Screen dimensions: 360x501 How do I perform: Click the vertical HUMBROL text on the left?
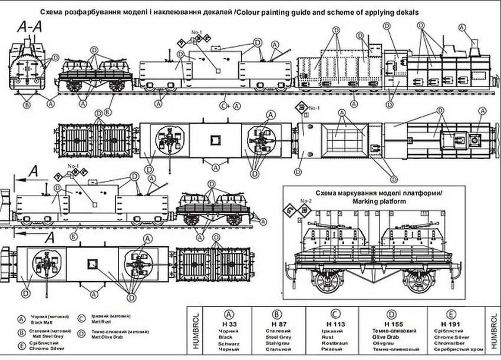[x=195, y=333]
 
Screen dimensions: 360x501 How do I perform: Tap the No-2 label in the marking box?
[x=305, y=202]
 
